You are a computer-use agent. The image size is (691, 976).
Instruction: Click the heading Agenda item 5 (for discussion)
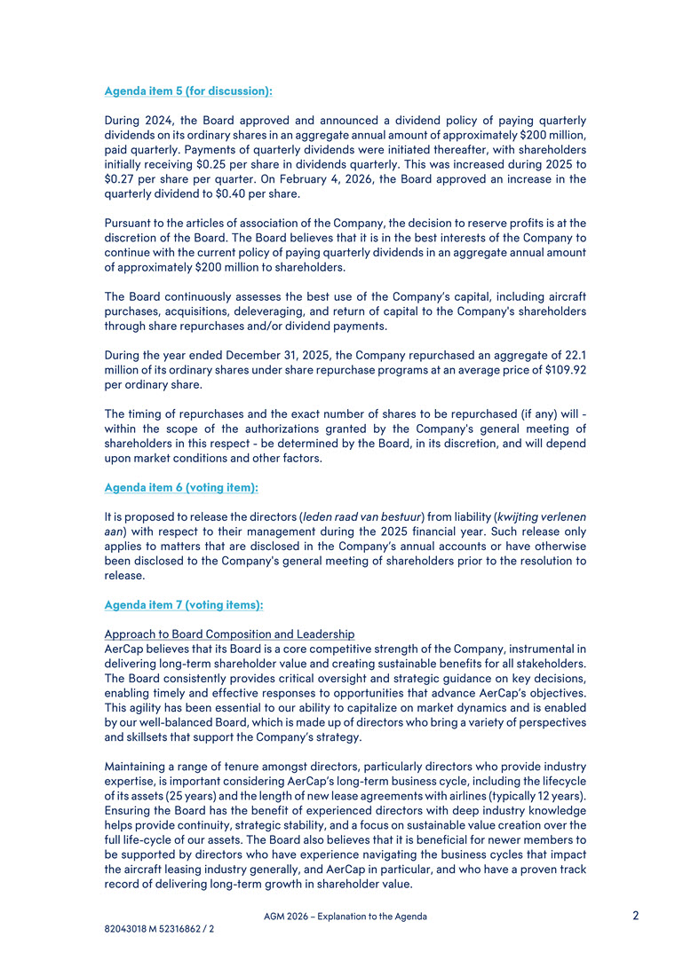coord(188,91)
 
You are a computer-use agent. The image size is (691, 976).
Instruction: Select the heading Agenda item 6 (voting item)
coord(181,487)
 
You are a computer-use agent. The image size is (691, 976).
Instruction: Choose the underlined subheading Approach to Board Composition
coord(229,634)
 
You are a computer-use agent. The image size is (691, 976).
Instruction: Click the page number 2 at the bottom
coord(636,915)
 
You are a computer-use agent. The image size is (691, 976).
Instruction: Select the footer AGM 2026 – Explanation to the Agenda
coord(345,917)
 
